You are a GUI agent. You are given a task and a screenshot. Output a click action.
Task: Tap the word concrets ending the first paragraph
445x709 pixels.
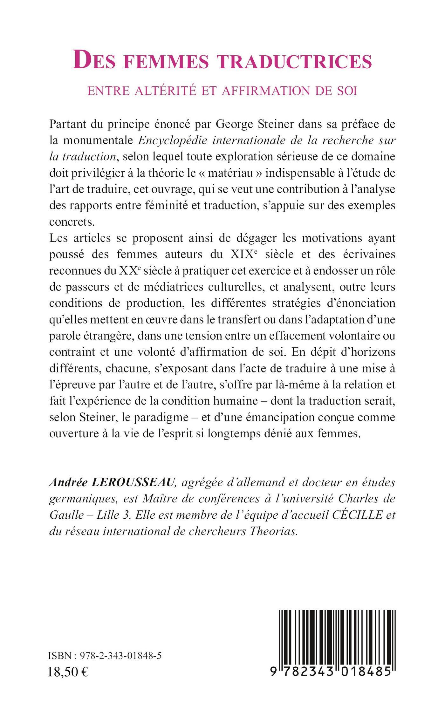click(x=72, y=222)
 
